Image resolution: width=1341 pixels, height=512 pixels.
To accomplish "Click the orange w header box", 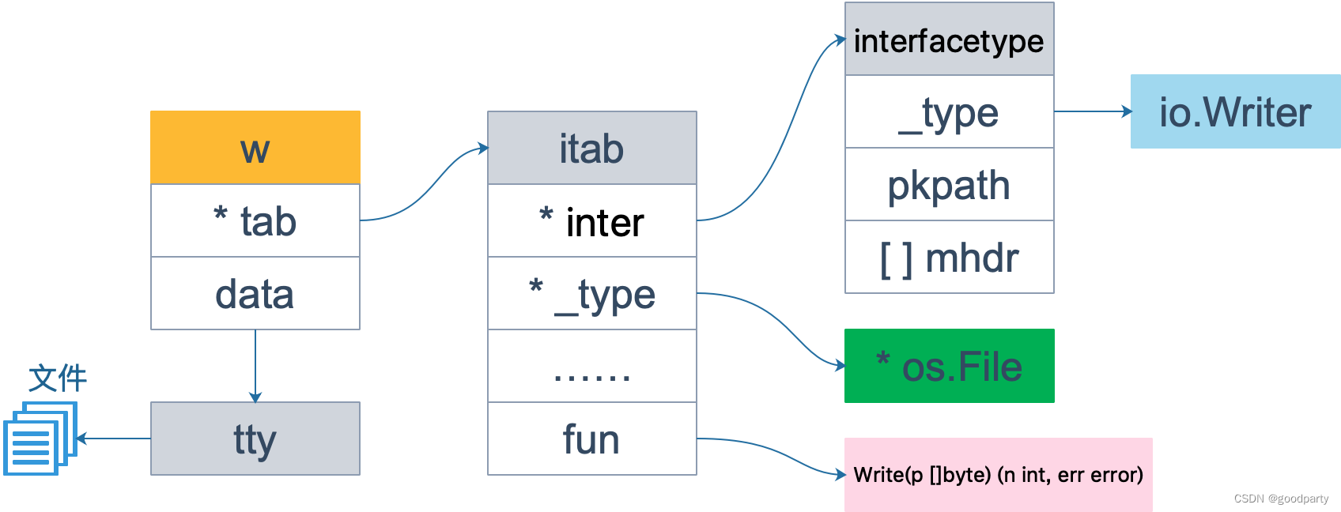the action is (255, 147).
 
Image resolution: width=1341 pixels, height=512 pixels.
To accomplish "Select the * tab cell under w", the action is (255, 220).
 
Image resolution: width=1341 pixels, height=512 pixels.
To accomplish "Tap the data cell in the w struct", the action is (255, 293).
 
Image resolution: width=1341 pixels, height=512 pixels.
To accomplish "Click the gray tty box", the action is (255, 439).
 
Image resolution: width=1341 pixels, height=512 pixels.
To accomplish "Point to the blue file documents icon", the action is (40, 439).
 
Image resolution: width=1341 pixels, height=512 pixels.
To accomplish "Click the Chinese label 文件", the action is (58, 378).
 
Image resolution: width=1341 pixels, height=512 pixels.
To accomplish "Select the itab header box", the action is (592, 148).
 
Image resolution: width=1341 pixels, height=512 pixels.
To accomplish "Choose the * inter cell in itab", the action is (592, 220).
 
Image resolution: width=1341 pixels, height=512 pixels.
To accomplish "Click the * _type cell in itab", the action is (592, 293).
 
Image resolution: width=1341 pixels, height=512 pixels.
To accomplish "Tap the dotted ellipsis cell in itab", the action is (592, 366).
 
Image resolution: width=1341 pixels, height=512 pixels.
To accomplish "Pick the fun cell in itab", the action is (592, 439).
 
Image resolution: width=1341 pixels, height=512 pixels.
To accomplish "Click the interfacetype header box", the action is (950, 39).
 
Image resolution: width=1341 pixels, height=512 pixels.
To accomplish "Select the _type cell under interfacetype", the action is (950, 111).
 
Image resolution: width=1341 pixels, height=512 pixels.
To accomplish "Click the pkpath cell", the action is (950, 184).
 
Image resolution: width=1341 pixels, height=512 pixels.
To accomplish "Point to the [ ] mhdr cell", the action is (950, 258).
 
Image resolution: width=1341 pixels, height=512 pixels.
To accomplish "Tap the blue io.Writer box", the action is (1235, 111).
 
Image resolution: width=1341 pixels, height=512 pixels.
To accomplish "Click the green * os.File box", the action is (950, 366).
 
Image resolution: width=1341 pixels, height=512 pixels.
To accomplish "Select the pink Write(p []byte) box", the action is (999, 475).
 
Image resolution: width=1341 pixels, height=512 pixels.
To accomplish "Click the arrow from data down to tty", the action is (255, 366).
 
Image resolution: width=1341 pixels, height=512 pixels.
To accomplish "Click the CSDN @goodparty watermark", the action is (1281, 499).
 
